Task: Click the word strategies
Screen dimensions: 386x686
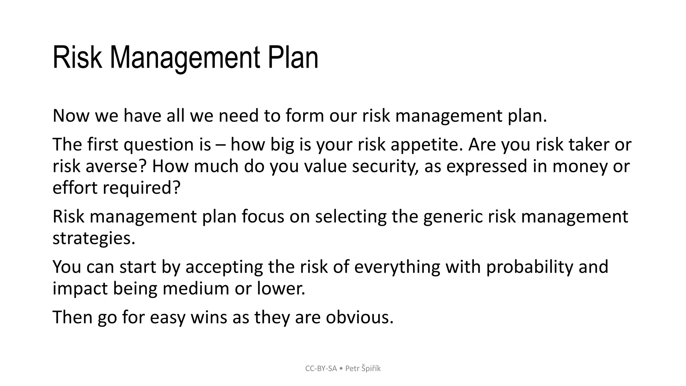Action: click(94, 239)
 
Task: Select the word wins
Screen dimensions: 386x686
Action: click(209, 317)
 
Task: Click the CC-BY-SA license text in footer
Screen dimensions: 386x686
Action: click(321, 369)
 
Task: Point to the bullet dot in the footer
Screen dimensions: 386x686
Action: click(341, 369)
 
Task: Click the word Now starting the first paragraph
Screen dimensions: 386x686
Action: click(71, 116)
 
